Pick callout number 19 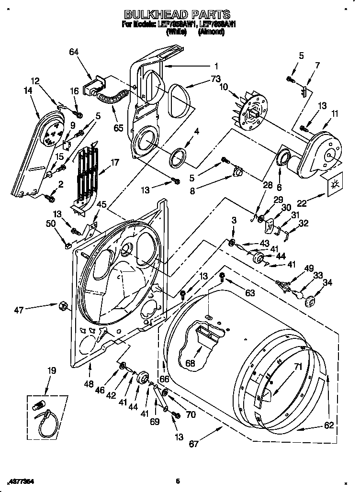pos(51,370)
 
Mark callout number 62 pos(328,425)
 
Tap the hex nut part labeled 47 pos(62,305)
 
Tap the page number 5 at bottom pos(177,481)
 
